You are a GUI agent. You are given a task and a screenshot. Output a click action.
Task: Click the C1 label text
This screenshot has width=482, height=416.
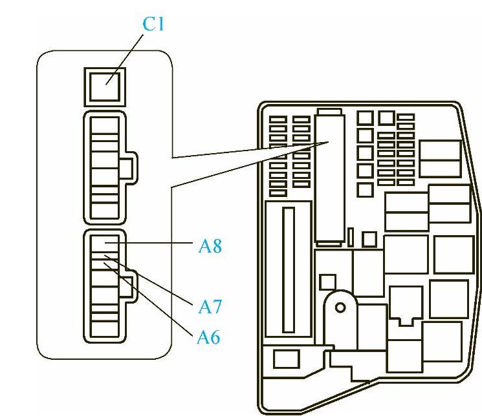point(154,24)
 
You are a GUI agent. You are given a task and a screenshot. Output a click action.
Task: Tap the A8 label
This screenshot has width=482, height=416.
point(210,246)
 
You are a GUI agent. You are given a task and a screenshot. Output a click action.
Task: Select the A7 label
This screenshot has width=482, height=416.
point(210,306)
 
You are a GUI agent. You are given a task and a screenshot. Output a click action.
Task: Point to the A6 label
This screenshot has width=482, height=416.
point(208,336)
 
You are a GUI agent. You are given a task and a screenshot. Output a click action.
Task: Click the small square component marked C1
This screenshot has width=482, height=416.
point(105,87)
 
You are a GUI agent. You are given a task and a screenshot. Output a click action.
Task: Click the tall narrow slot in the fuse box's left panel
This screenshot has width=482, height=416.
point(289,271)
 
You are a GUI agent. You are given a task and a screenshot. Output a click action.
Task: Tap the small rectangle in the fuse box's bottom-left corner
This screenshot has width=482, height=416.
point(286,359)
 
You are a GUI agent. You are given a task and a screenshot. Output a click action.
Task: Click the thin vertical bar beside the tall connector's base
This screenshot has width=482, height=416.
point(350,236)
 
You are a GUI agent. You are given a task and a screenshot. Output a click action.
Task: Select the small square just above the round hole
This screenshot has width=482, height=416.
point(328,281)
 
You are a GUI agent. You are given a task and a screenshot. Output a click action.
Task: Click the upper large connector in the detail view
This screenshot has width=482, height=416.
point(105,168)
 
